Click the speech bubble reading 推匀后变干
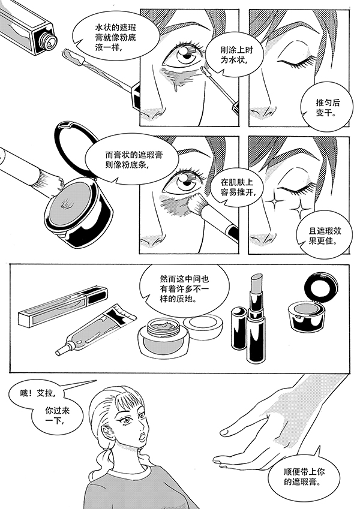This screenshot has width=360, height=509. click(x=327, y=107)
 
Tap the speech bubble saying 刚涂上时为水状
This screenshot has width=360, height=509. click(x=232, y=55)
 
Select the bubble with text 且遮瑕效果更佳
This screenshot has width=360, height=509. click(x=324, y=236)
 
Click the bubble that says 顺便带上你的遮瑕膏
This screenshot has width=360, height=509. click(x=304, y=475)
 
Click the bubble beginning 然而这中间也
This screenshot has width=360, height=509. click(x=184, y=288)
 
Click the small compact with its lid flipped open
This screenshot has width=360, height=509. click(x=310, y=303)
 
